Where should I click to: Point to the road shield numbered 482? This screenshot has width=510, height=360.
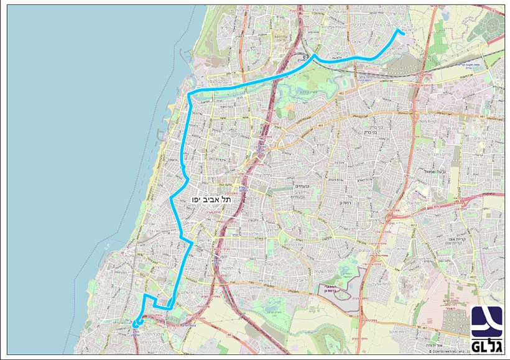click(x=341, y=93)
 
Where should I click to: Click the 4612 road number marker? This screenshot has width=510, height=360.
click(x=412, y=226)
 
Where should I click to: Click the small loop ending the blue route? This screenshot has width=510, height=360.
click(x=136, y=322)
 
